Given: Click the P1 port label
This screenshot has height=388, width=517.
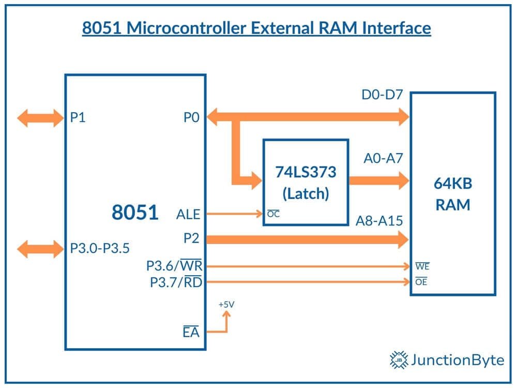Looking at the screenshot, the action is click(78, 117).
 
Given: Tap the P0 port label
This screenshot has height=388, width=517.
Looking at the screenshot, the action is click(191, 117).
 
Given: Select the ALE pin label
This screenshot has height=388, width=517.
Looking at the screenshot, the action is click(188, 215).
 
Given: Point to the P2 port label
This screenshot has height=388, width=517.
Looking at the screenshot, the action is click(191, 238).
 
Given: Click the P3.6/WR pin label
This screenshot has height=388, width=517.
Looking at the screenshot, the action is click(174, 265).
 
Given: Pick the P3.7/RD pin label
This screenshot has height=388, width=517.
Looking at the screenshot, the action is click(176, 282).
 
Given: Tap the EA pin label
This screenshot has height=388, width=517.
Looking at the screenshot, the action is click(191, 332).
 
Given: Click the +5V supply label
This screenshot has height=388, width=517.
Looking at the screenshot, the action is click(226, 305).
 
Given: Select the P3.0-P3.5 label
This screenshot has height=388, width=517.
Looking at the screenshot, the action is click(100, 248).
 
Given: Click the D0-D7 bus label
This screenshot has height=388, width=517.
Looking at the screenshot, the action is click(382, 95).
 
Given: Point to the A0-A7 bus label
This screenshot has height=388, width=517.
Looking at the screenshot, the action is click(383, 158).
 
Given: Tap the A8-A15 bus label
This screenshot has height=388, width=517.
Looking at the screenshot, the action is click(379, 221).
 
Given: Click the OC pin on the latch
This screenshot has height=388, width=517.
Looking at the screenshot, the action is click(273, 214).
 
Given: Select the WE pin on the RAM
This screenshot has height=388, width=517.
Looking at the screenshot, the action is click(422, 266).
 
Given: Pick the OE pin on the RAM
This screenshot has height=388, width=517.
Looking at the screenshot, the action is click(421, 281).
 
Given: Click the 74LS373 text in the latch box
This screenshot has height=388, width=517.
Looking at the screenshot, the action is click(306, 172).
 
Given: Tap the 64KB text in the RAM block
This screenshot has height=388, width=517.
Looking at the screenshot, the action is click(453, 184).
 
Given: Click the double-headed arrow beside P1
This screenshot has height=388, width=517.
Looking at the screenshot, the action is click(40, 118).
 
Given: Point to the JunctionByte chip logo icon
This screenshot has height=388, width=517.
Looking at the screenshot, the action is click(399, 360).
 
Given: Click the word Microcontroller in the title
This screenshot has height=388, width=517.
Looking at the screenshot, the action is click(186, 28).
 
